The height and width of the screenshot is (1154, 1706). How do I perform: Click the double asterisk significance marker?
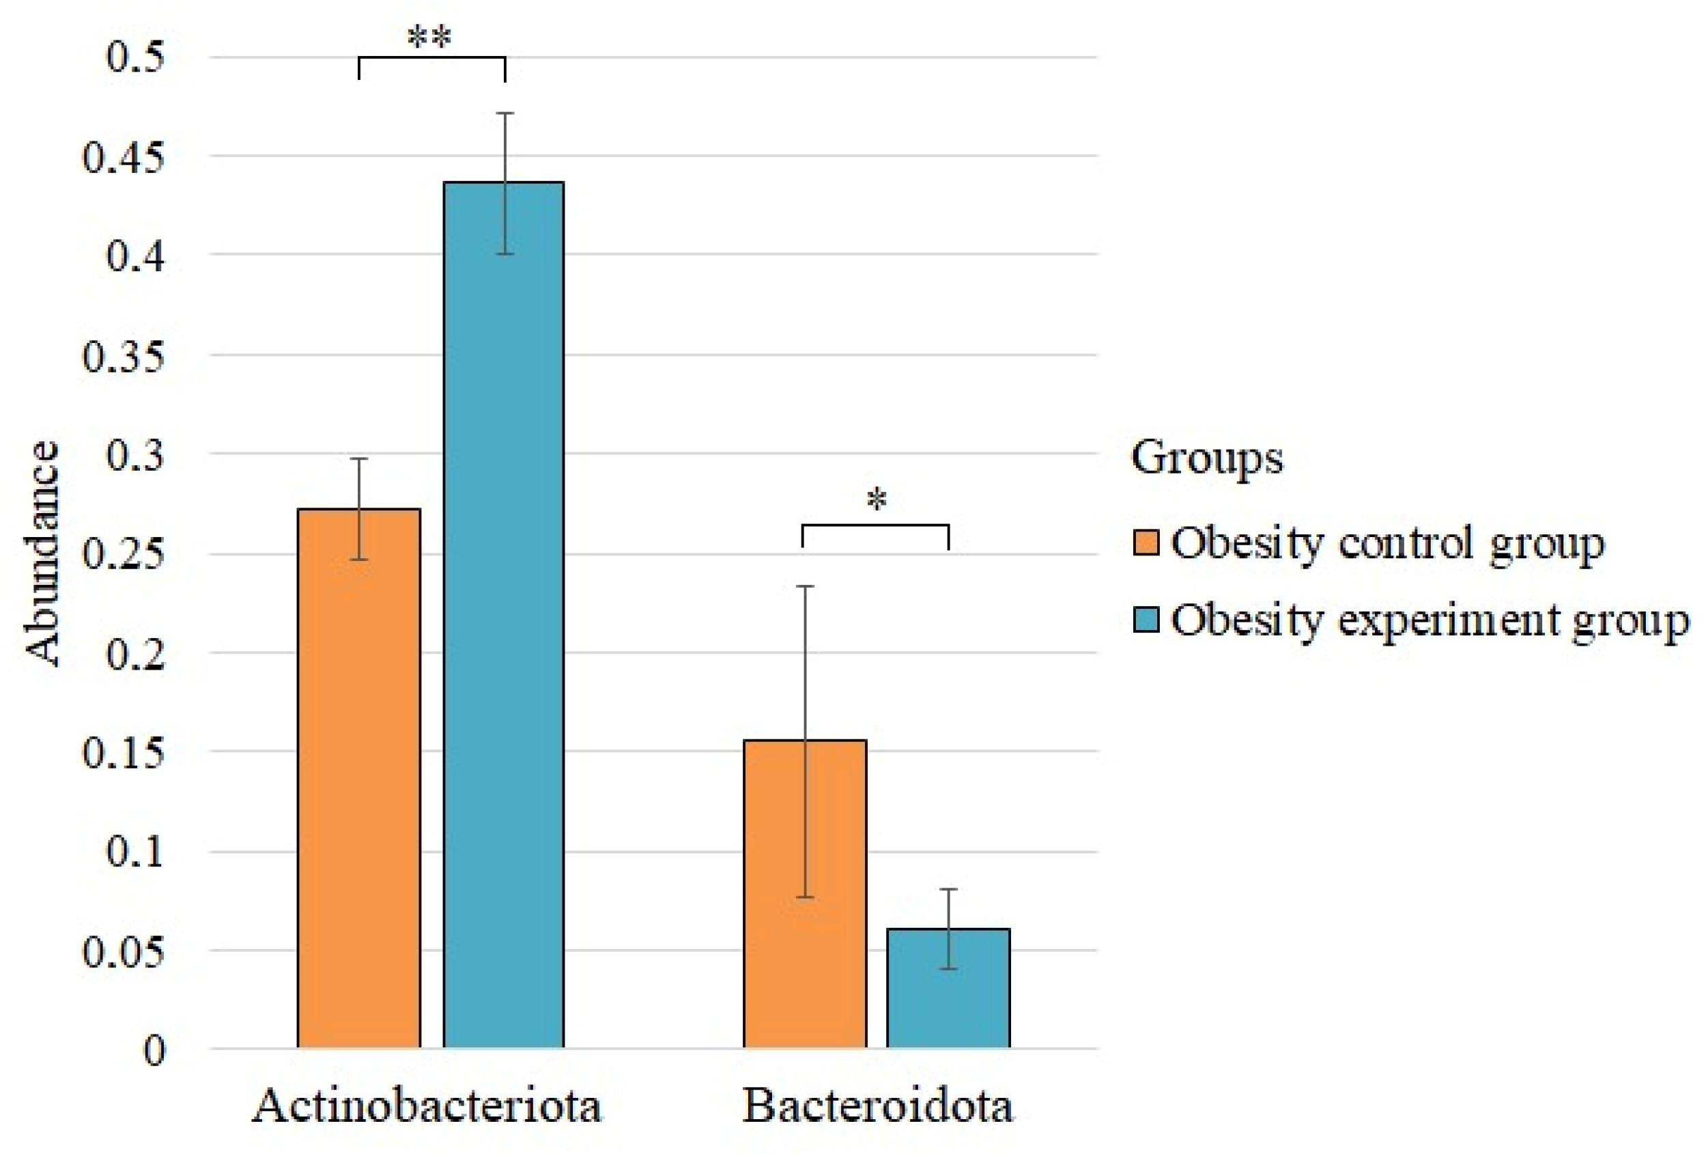click(x=429, y=37)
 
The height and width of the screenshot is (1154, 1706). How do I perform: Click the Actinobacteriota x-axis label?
click(x=427, y=1105)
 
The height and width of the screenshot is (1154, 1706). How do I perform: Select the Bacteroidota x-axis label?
click(x=877, y=1105)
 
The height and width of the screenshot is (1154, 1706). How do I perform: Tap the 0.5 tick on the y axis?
click(x=135, y=57)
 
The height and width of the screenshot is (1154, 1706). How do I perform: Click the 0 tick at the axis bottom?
click(x=154, y=1050)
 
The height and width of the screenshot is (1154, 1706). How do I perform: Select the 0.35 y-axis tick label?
click(x=124, y=355)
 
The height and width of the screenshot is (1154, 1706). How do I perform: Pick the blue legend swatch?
click(x=1146, y=618)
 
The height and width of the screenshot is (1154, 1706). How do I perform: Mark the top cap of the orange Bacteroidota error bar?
click(x=806, y=586)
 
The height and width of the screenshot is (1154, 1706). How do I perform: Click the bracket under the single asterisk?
click(x=875, y=525)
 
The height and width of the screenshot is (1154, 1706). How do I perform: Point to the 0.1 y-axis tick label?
click(x=135, y=852)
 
